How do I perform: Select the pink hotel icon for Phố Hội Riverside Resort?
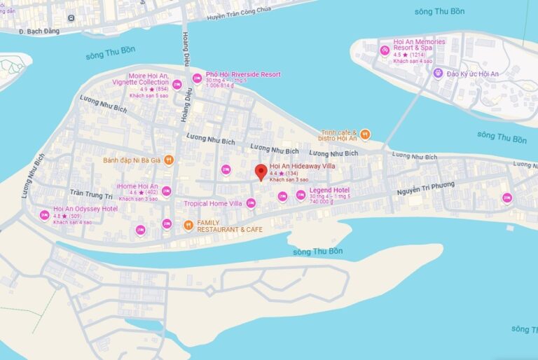pyautogui.click(x=197, y=78)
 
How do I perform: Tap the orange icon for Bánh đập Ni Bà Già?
pyautogui.click(x=168, y=160)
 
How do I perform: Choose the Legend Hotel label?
pyautogui.click(x=329, y=190)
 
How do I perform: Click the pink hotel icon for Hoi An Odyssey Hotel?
pyautogui.click(x=45, y=214)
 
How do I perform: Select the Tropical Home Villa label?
pyautogui.click(x=212, y=204)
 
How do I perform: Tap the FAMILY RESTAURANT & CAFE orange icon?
pyautogui.click(x=188, y=225)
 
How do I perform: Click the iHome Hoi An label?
pyautogui.click(x=137, y=186)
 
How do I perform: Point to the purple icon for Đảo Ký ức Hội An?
pyautogui.click(x=438, y=74)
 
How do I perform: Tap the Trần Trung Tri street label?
pyautogui.click(x=91, y=194)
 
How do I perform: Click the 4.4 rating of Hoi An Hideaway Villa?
pyautogui.click(x=273, y=173)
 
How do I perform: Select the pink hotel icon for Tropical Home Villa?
pyautogui.click(x=251, y=203)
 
